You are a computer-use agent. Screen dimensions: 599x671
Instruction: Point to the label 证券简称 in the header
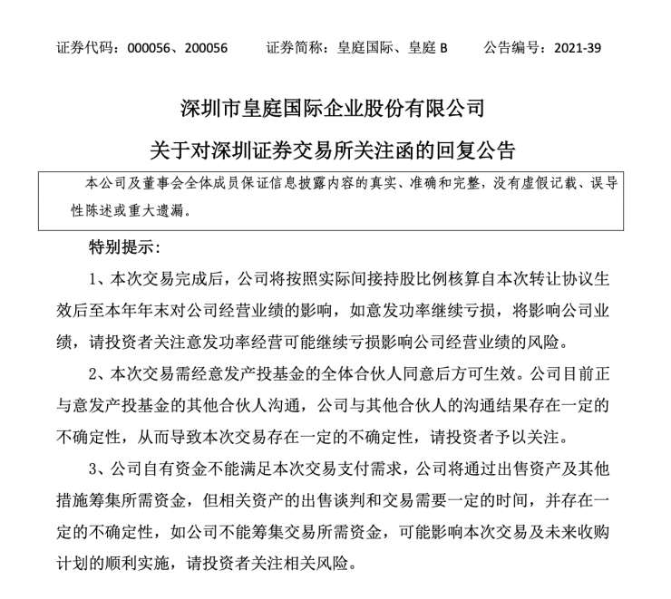pos(294,46)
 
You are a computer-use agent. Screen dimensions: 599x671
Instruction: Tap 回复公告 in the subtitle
pos(481,148)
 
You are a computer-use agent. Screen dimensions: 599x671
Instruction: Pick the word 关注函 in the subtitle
pos(404,148)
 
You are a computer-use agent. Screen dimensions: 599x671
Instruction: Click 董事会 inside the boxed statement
pos(163,184)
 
